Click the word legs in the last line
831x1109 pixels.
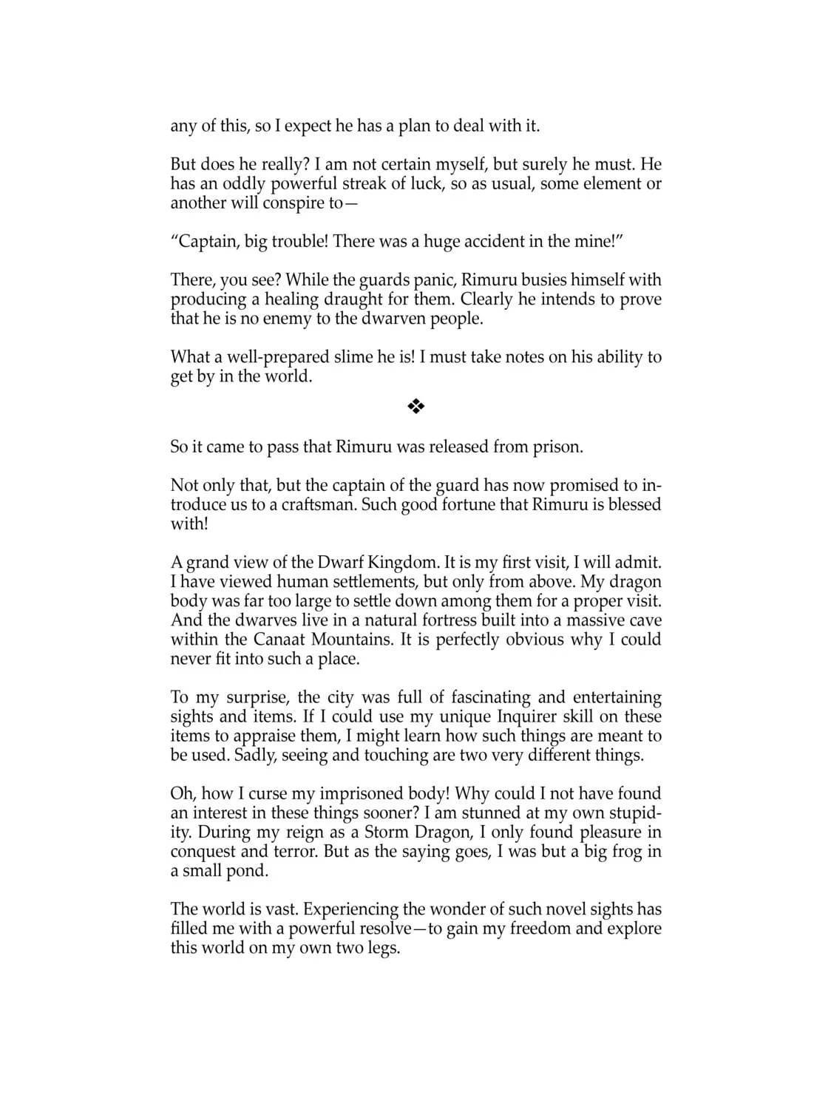tap(381, 947)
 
